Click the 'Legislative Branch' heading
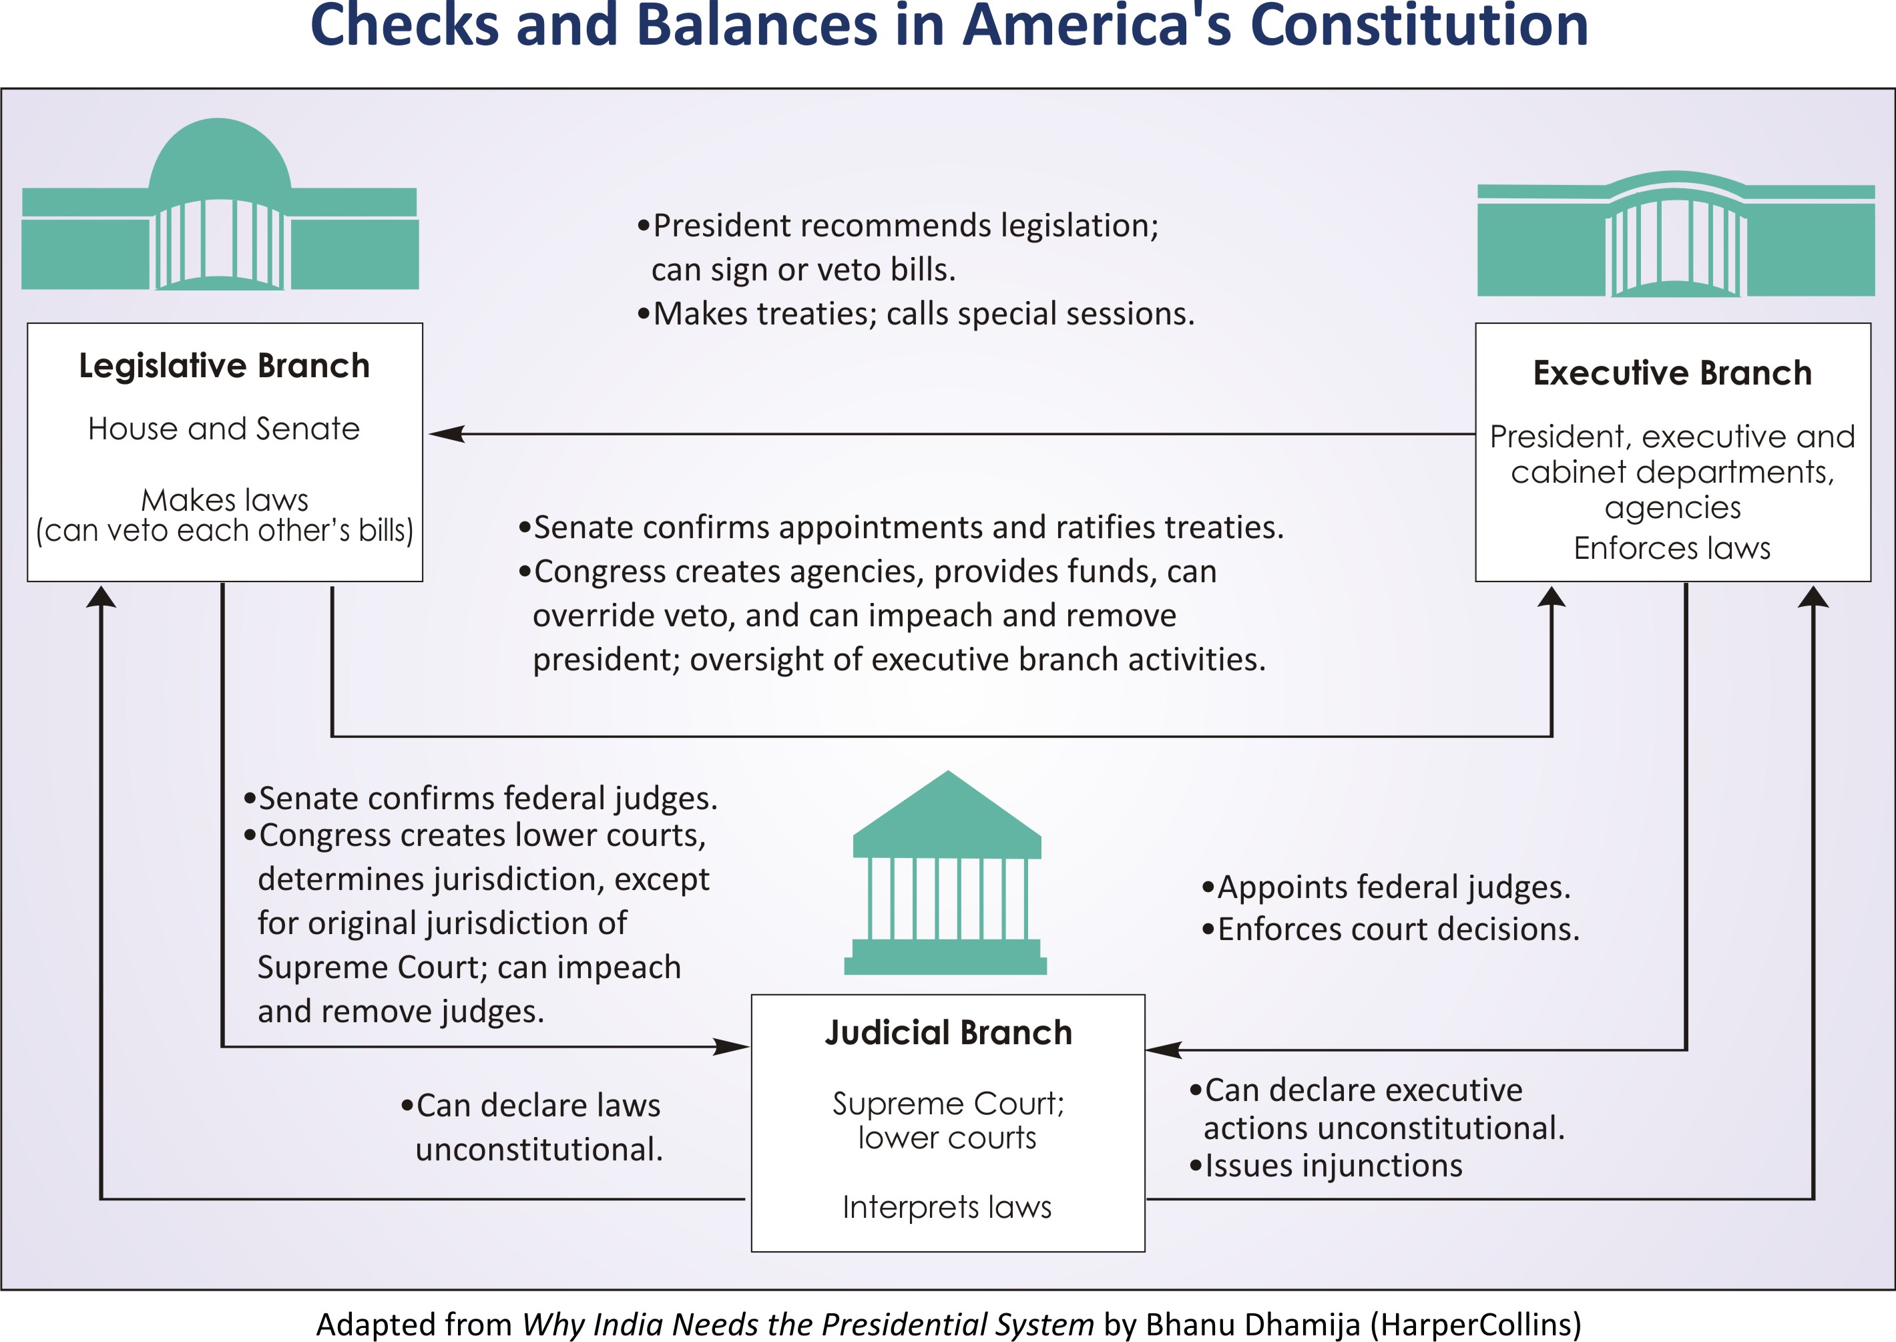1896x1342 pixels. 224,366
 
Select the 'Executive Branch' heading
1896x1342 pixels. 1672,373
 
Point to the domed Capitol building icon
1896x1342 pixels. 220,206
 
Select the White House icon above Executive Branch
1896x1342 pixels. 1676,236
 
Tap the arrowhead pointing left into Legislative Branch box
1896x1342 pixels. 446,434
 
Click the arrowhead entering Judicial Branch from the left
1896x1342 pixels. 731,1047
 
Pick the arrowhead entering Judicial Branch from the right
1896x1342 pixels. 1163,1050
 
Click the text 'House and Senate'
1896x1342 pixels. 224,429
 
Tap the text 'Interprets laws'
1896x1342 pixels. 947,1207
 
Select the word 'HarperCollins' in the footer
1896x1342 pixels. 1475,1324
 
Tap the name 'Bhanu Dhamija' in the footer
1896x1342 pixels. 1252,1324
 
